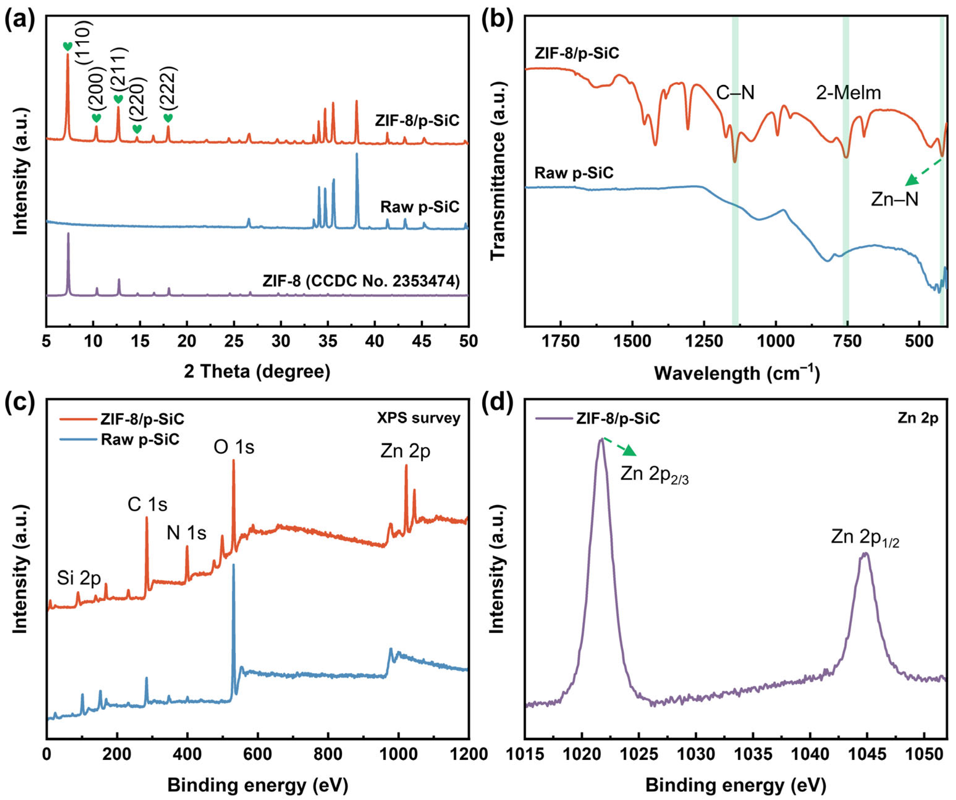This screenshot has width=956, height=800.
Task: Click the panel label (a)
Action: click(x=19, y=20)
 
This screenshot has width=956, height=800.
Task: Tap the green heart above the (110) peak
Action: click(x=67, y=46)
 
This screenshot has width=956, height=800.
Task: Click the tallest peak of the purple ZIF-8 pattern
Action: click(x=68, y=234)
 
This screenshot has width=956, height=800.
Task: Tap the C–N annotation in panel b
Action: click(x=735, y=93)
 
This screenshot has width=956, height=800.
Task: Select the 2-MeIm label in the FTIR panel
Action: click(x=848, y=93)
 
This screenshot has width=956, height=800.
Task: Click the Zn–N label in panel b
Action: click(x=895, y=199)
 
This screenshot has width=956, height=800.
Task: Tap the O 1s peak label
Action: click(x=234, y=447)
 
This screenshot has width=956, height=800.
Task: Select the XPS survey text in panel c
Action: click(x=418, y=418)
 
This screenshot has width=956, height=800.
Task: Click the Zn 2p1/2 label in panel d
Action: click(x=865, y=538)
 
